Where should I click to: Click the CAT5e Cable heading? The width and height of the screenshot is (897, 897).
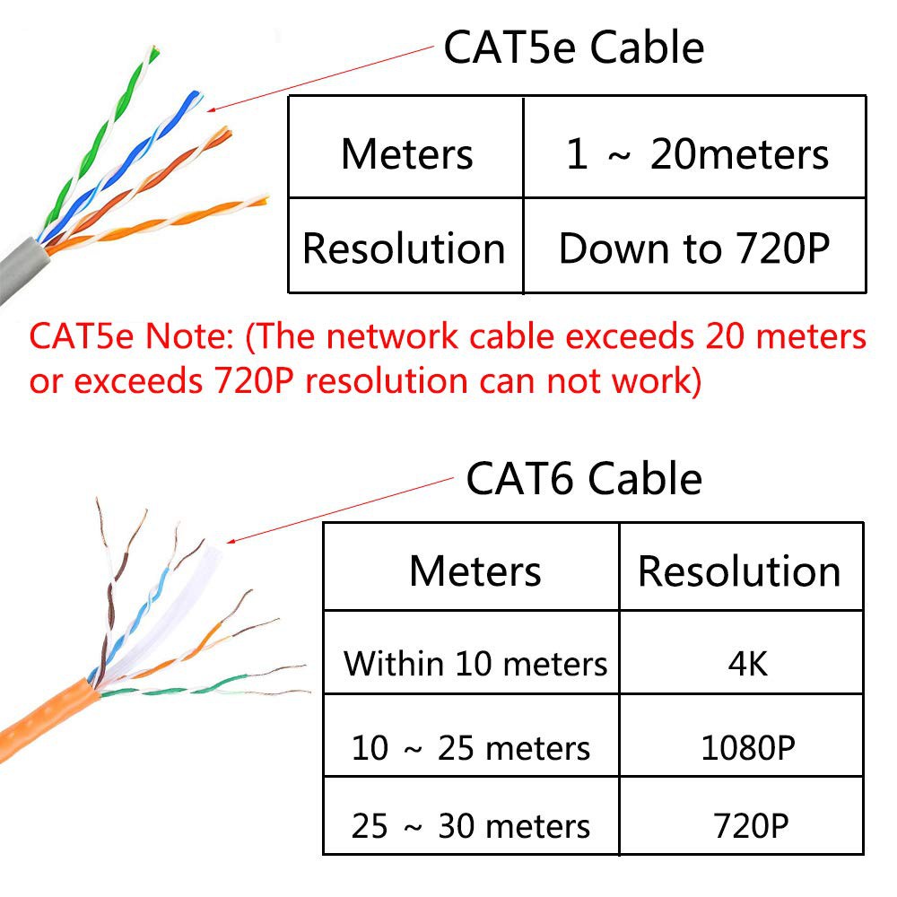pos(574,48)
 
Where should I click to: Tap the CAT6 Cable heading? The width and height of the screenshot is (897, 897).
pos(584,478)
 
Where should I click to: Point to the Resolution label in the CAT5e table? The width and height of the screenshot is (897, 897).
pos(404,248)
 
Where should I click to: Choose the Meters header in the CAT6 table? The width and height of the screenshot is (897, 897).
pos(475,570)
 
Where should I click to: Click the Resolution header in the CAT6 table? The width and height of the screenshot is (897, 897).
pos(739,570)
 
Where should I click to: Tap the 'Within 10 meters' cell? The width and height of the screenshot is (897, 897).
pos(475,664)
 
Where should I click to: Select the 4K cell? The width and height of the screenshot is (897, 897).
pos(748,664)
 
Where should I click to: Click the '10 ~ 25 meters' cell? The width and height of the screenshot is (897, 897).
pos(471,748)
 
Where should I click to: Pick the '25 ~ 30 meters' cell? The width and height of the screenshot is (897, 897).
pos(471,826)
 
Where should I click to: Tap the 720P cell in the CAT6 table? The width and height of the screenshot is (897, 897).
pos(751,826)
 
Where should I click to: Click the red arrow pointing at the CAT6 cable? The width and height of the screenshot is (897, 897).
pos(340,510)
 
